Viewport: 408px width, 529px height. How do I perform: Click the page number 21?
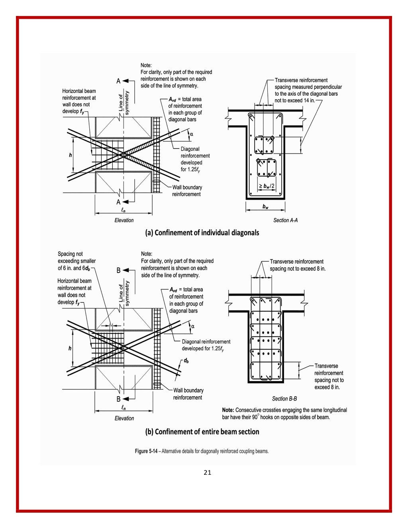click(207, 473)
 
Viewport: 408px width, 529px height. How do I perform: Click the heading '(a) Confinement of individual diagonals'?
click(202, 233)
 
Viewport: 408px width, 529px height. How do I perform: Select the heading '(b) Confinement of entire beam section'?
click(202, 432)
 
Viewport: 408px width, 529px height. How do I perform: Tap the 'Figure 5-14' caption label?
click(147, 451)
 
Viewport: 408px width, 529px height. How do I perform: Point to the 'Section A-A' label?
click(285, 220)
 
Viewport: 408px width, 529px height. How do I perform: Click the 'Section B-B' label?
click(284, 399)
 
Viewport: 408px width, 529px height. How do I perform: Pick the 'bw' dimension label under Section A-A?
click(265, 207)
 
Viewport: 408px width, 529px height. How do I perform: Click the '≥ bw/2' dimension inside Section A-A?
click(266, 186)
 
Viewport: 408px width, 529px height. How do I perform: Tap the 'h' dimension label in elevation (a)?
click(71, 155)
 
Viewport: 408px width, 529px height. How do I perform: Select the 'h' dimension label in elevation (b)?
click(70, 348)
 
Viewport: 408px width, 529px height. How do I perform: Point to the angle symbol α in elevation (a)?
click(191, 134)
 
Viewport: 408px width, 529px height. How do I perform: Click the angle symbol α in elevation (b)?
click(193, 326)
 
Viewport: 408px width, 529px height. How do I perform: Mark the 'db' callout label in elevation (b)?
click(186, 361)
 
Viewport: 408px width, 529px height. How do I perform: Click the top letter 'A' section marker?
click(118, 81)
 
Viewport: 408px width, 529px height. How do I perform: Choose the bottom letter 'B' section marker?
click(118, 399)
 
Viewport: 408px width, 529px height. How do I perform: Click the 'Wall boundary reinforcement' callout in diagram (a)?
click(187, 191)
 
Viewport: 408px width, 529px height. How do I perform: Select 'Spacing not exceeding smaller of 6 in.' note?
click(76, 261)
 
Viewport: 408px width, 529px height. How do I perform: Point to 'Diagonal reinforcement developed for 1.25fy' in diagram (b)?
click(206, 345)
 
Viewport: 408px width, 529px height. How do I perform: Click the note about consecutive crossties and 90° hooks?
click(284, 413)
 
